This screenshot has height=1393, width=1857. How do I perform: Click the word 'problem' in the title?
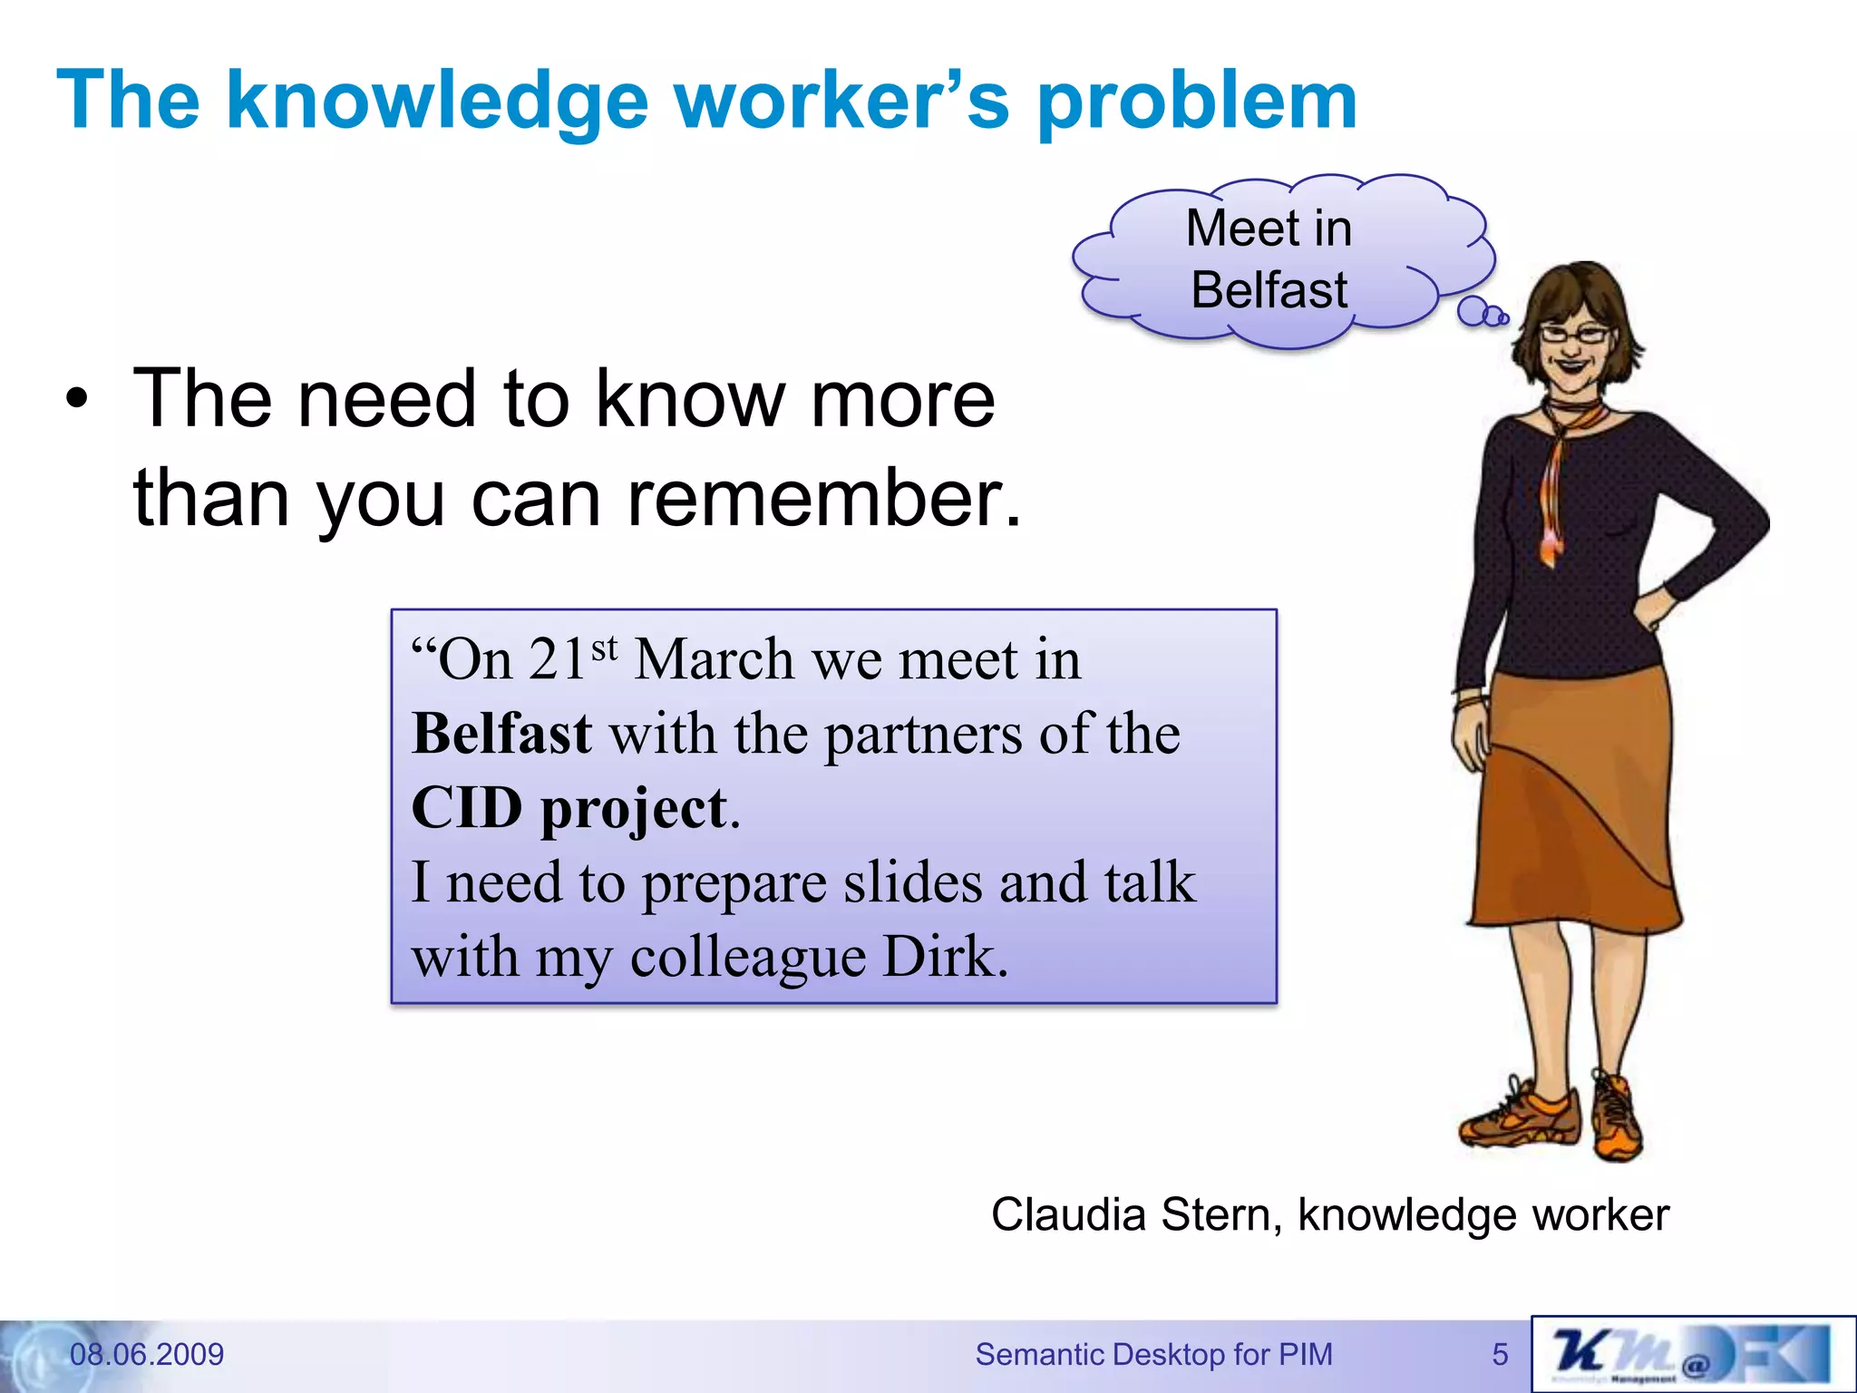[1197, 102]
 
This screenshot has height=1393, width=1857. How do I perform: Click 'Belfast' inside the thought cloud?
[1269, 290]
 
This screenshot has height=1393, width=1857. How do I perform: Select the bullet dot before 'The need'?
[78, 402]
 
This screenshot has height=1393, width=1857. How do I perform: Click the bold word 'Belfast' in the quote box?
[501, 734]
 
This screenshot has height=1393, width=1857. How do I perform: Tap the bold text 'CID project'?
[569, 808]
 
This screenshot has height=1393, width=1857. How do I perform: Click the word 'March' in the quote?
[714, 659]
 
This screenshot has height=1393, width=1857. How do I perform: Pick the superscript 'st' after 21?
[605, 648]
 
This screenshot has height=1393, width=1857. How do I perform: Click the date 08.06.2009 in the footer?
[147, 1354]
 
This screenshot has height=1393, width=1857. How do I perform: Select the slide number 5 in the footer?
[1500, 1355]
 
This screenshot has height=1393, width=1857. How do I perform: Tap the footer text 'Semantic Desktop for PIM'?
[1153, 1354]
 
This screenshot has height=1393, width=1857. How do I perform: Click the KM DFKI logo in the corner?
[1692, 1354]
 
